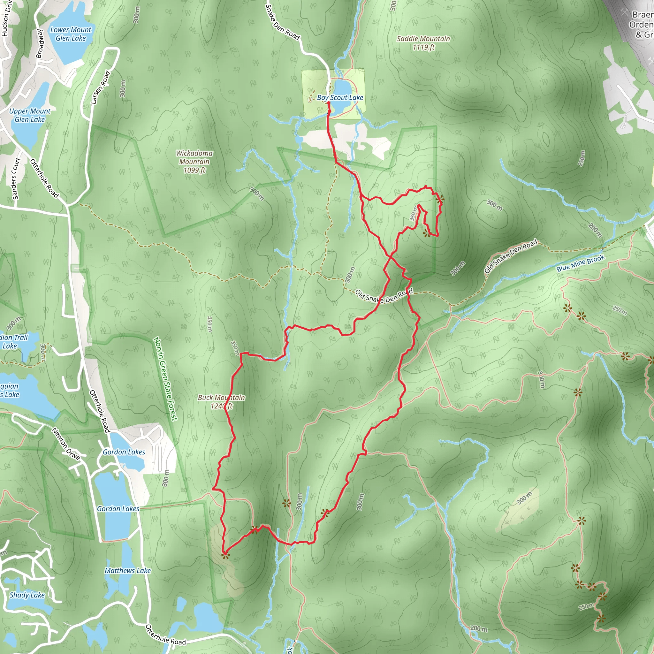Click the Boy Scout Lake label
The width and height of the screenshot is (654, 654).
[340, 97]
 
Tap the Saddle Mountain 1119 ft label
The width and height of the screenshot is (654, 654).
[423, 43]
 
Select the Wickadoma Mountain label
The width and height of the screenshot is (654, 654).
[194, 162]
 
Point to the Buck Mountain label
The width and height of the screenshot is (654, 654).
[221, 401]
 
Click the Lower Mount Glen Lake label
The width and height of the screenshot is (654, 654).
[71, 34]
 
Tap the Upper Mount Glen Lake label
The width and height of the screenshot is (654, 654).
[30, 115]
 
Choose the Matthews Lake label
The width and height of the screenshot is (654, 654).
[128, 571]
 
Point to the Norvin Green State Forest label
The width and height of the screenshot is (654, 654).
[165, 379]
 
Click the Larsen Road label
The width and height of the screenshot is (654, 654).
[101, 87]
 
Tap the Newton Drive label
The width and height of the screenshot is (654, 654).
[66, 444]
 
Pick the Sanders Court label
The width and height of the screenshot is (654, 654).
[16, 179]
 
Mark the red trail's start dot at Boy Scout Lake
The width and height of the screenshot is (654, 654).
[328, 103]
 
